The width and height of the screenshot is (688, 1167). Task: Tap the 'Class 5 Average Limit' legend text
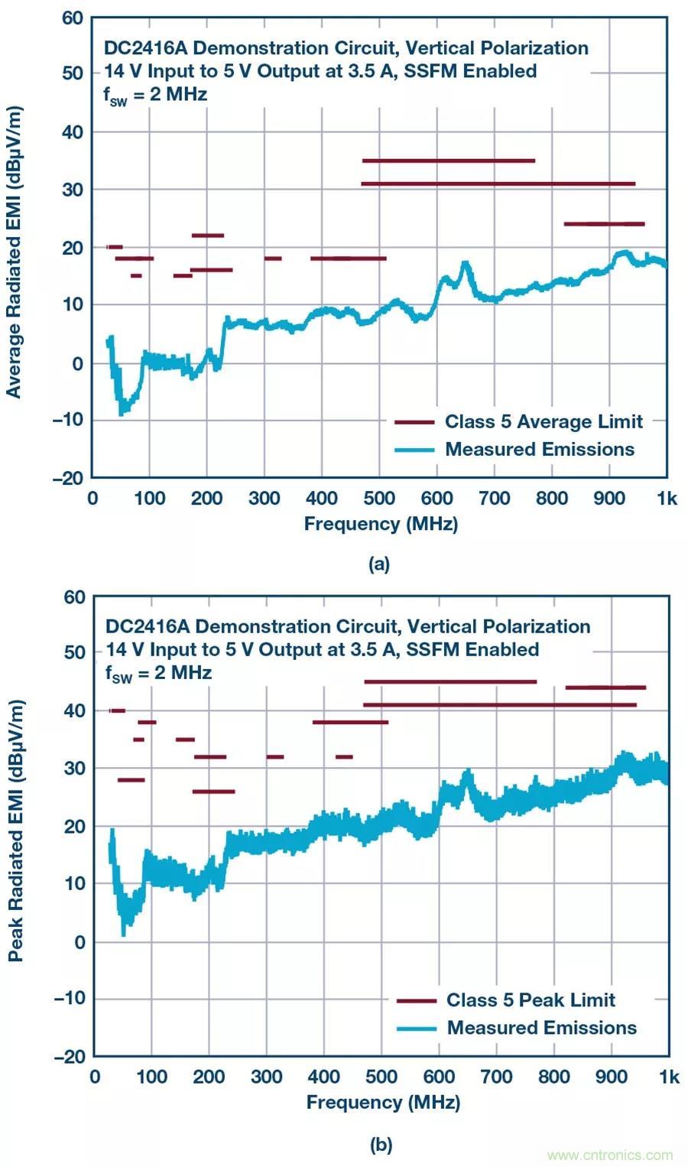(544, 421)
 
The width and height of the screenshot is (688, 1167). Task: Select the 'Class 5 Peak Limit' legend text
(531, 1000)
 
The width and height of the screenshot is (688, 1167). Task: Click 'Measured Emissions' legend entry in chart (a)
(540, 449)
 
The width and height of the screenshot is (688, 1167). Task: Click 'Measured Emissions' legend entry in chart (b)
(541, 1028)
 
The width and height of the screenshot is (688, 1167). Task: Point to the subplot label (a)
(379, 564)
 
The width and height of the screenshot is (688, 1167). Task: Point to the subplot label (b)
(381, 1144)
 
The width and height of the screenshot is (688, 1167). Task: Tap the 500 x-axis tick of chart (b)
(381, 1078)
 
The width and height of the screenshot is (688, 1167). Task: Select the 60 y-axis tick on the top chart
(72, 18)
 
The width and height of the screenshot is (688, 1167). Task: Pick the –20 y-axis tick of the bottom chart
(70, 1057)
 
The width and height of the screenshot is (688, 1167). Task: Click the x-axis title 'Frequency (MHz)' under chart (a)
(381, 524)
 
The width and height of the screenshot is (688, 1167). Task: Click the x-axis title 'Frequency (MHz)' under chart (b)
(383, 1103)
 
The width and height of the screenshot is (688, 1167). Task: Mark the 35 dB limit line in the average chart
(448, 161)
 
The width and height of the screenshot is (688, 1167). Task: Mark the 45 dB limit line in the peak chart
(450, 681)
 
